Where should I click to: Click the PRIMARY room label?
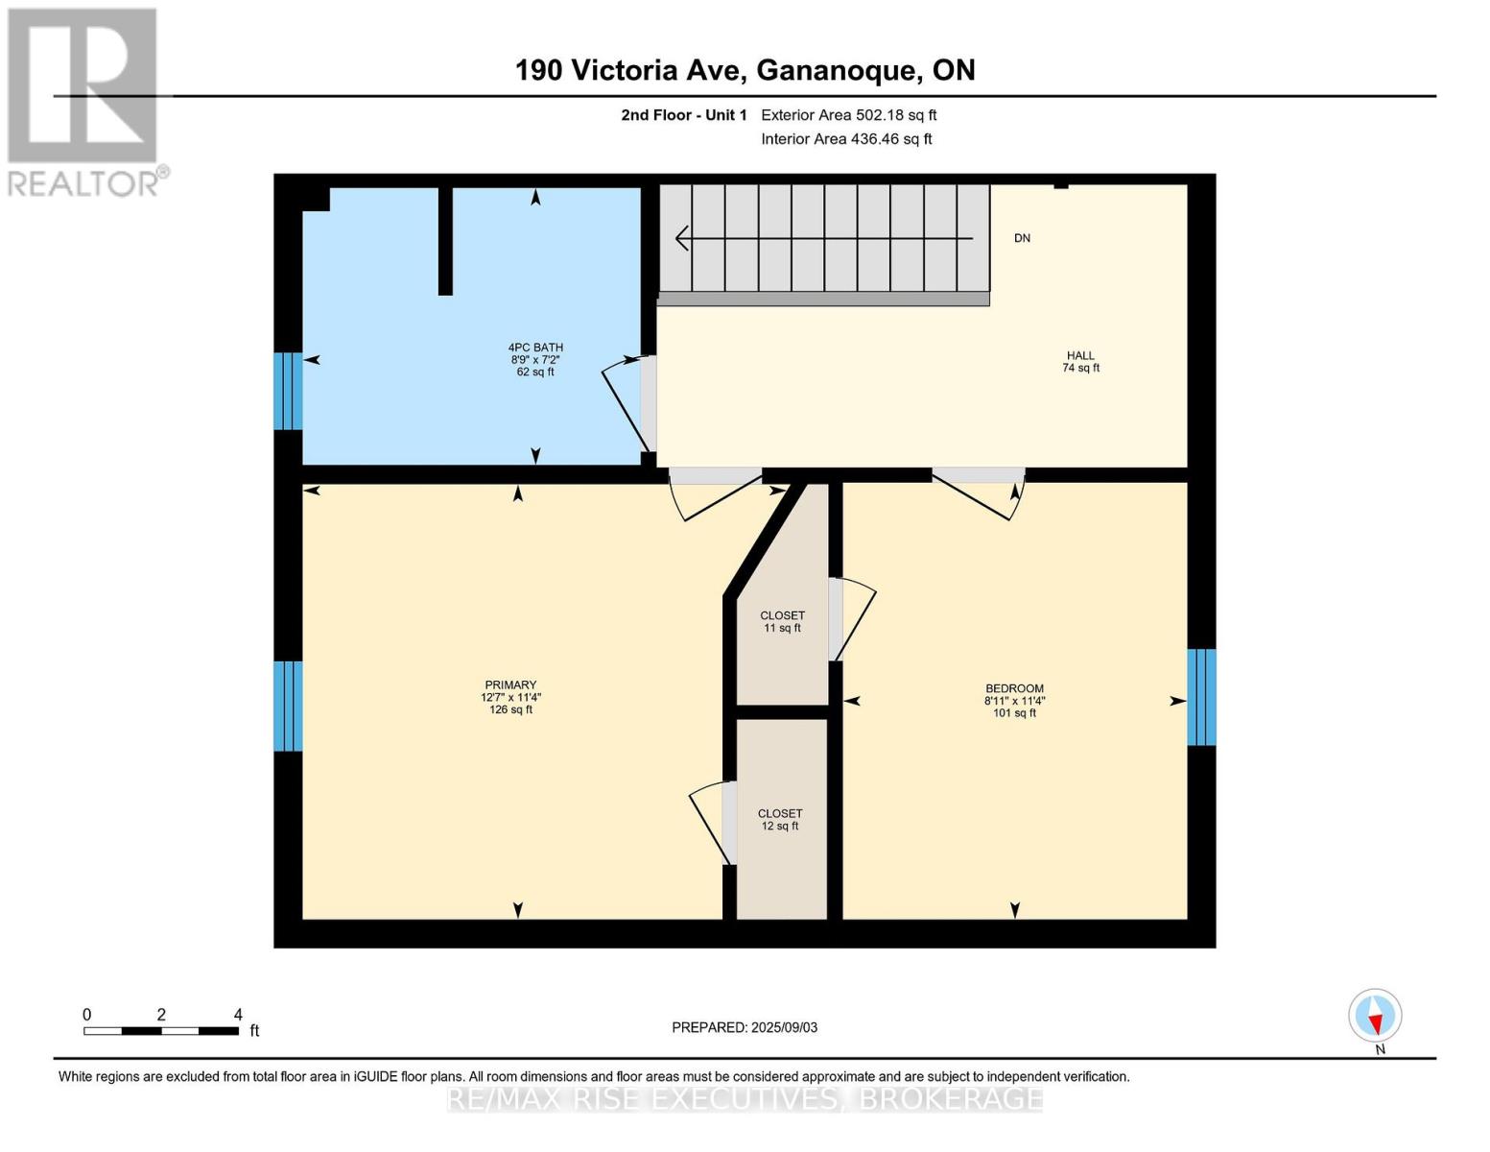point(510,697)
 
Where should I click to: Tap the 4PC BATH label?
point(535,359)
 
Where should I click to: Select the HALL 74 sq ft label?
point(1080,362)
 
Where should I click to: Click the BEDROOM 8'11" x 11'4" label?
point(1014,701)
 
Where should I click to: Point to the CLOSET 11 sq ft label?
point(782,621)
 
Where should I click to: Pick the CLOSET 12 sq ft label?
point(780,819)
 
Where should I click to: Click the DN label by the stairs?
point(1022,238)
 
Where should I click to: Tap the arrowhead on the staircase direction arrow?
point(681,238)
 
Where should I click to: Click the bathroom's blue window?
point(288,391)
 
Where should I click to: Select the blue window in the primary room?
point(288,706)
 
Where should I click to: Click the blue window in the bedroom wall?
point(1201,697)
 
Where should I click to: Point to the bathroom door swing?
point(626,403)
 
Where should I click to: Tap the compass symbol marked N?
point(1375,1016)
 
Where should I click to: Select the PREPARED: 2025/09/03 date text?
point(745,1027)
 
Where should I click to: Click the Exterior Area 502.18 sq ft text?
point(848,115)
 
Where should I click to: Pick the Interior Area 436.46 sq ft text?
point(846,139)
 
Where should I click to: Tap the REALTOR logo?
point(84,101)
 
